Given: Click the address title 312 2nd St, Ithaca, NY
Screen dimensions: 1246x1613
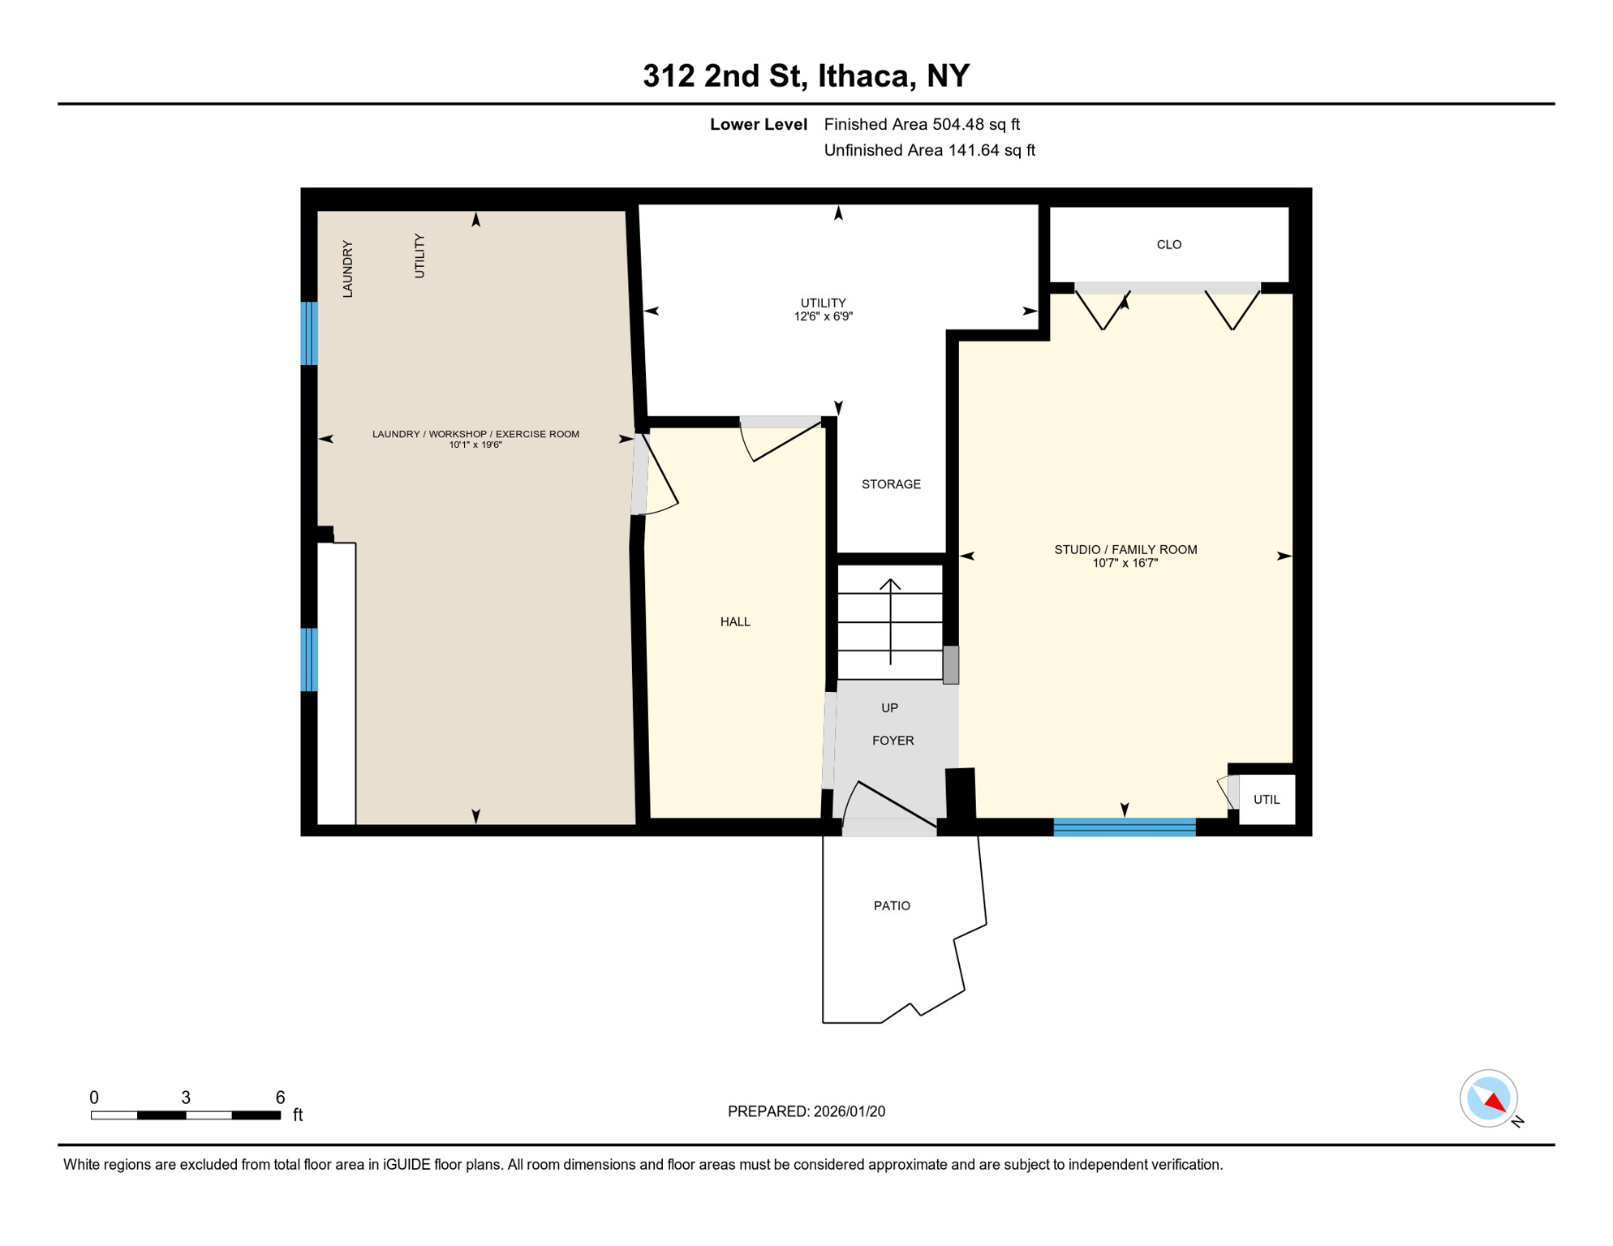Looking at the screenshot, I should pos(806,75).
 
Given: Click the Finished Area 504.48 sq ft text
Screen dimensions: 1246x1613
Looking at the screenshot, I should pos(921,124).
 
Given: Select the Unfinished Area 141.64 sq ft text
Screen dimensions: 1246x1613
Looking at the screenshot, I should pos(929,150).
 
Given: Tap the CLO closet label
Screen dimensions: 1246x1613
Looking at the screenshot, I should pos(1168,244).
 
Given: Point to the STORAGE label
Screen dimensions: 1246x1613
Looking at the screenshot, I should pos(890,484).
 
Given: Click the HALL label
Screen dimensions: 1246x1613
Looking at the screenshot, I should pos(735,621).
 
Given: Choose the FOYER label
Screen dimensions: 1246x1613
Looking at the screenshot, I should pos(893,741).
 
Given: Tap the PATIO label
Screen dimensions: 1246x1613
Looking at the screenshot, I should pos(892,905).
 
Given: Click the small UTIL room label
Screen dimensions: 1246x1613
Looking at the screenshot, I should pos(1266,800).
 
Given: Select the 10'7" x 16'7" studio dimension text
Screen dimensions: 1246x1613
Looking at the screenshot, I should pos(1125,563).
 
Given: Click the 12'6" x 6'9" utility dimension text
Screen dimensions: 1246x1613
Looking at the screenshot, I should pos(823,316).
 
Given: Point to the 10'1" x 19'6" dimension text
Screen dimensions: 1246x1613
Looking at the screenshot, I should pos(475,445).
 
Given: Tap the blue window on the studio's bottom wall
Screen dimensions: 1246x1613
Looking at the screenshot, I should pos(1124,827).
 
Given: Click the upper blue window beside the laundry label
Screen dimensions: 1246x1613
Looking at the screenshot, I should pos(309,333).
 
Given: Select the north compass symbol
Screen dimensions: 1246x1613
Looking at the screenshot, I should pos(1488,1098).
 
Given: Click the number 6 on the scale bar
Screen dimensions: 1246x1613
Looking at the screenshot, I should pos(280,1098).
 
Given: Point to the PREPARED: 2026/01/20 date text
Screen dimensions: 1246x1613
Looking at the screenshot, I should pos(806,1111).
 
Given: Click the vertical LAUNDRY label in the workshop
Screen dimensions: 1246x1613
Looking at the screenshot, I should pos(347,269).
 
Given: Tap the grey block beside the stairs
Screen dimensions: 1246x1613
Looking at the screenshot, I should pos(950,664).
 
